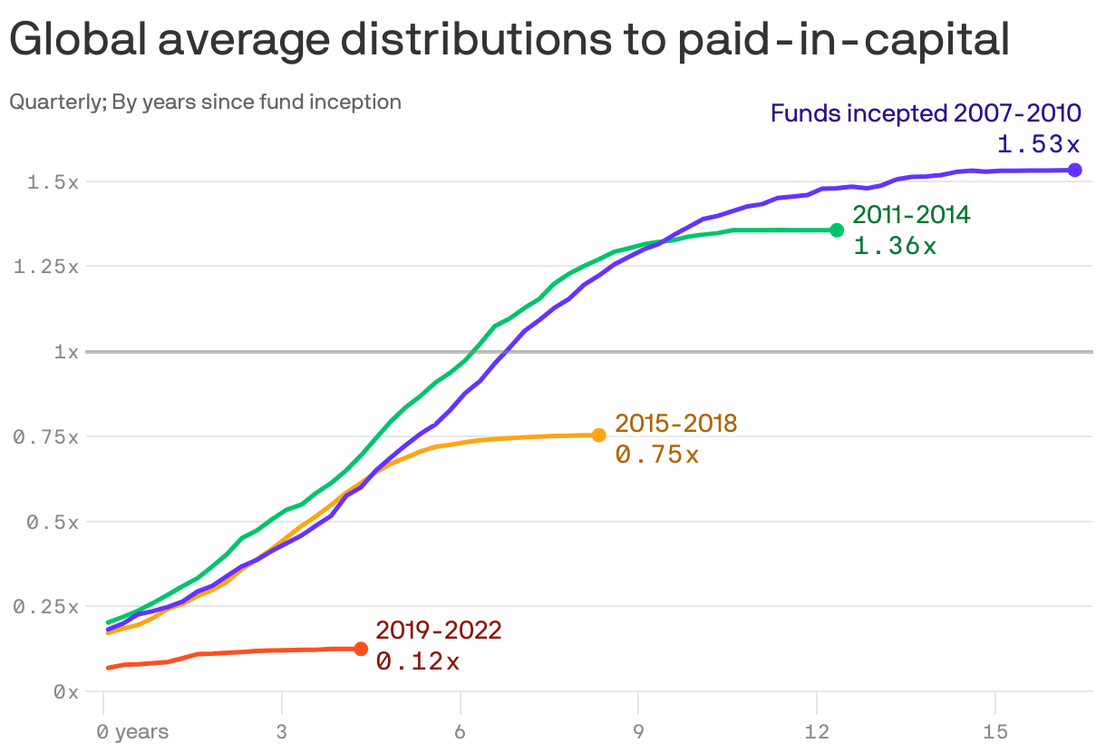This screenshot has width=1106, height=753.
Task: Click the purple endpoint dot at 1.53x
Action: (1074, 170)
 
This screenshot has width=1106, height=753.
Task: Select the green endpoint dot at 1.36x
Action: (837, 230)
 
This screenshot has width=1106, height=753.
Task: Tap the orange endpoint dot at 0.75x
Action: (598, 435)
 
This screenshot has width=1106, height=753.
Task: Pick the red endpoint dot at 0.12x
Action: (361, 649)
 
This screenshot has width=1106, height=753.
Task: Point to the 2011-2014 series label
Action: (911, 215)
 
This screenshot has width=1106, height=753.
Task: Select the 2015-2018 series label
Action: (676, 423)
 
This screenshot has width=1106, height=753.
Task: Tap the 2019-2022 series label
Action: (439, 631)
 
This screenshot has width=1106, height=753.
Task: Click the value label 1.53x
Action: (1039, 144)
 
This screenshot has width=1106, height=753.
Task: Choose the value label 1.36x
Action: (895, 245)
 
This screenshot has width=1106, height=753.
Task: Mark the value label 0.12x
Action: (418, 661)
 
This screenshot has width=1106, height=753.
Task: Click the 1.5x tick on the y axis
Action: (53, 182)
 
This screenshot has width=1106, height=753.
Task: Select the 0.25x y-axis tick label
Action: (46, 607)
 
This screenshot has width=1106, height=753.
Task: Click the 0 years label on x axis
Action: (133, 731)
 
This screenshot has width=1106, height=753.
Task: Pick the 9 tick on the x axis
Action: (639, 731)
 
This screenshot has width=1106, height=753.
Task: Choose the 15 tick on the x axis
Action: (995, 731)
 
